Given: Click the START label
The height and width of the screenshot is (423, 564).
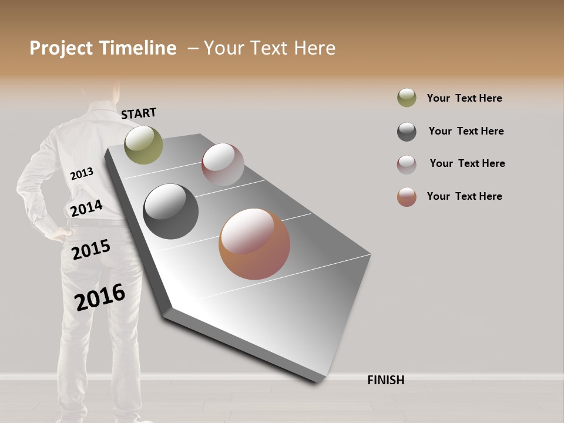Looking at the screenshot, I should point(139,113).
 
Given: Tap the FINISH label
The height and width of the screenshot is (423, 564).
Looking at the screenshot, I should point(385,380).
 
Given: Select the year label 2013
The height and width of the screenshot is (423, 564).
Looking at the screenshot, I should point(82,174).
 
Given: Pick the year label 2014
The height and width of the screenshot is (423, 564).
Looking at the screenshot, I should point(86,209).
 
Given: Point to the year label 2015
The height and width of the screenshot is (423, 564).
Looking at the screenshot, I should point(91,250).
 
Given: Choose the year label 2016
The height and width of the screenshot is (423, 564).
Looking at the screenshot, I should point(100,297).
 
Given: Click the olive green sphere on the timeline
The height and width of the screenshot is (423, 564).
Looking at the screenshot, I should point(143,145).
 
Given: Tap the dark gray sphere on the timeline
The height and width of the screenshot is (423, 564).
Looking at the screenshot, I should point(171,211).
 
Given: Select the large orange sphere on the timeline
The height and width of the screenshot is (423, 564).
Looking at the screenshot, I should point(254,244).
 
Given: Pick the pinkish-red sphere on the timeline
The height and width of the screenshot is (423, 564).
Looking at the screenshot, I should point(223,164).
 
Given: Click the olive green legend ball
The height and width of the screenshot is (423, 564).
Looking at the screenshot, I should point(407,98).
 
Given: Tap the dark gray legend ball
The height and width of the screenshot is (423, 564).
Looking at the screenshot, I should point(407,132).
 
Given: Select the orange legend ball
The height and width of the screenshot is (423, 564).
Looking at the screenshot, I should point(407,197).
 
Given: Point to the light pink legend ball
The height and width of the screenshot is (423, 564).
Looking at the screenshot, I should point(407,164).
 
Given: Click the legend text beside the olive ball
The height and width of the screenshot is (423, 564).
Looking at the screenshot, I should point(464,98).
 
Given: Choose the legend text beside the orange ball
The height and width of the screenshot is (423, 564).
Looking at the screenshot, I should point(464,196).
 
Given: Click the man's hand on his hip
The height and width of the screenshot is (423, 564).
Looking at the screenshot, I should point(57,233).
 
